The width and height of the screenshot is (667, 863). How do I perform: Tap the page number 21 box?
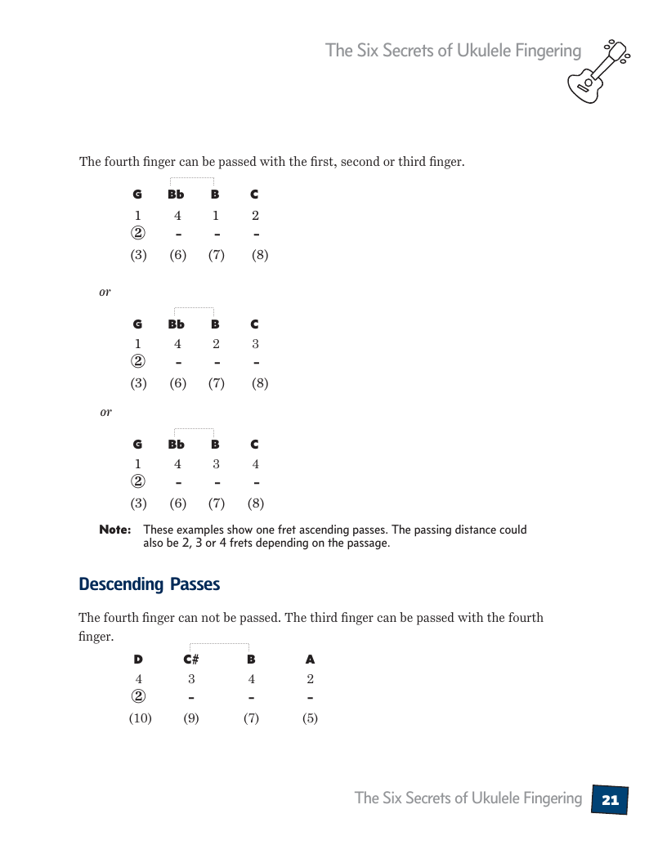tap(610, 800)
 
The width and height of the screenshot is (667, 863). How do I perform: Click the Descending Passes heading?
tap(149, 584)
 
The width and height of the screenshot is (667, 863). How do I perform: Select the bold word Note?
tap(114, 530)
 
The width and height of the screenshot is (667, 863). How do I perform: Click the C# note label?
tap(191, 659)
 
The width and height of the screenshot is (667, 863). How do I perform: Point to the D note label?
tap(138, 659)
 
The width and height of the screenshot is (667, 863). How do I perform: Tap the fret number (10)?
tap(140, 718)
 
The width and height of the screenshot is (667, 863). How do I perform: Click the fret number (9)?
tap(191, 718)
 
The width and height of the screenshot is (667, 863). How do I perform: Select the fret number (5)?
tap(310, 718)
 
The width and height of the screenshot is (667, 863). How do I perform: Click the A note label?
tap(310, 659)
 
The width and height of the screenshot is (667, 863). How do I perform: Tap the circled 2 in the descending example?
tap(138, 697)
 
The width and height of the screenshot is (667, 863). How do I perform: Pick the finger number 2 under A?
tap(310, 679)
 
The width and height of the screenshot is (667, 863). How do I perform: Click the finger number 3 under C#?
tap(191, 679)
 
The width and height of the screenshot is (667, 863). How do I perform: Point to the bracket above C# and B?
tap(219, 645)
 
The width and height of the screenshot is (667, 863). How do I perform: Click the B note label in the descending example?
tap(251, 659)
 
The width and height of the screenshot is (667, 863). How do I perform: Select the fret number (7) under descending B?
tap(251, 718)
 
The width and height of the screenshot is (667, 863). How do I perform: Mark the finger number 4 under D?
tap(138, 679)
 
